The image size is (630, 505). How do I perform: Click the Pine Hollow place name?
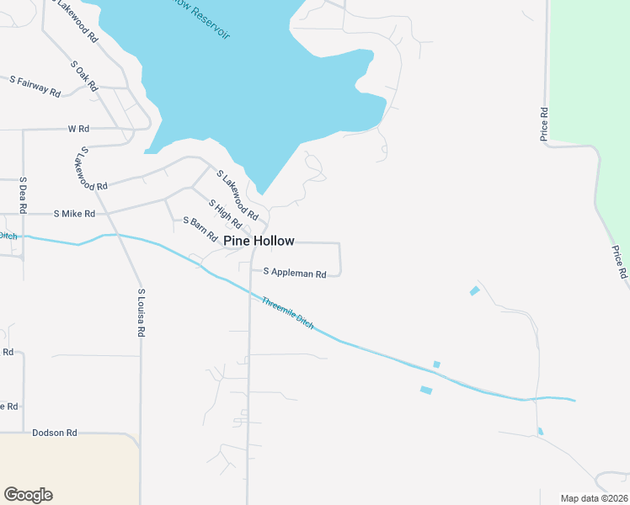coord(259,241)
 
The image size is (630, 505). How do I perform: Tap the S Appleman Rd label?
coord(294,273)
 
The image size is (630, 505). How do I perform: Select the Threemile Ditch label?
coord(287,312)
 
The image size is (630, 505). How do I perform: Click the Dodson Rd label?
coord(54,433)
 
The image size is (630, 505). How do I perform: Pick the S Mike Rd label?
coord(73,214)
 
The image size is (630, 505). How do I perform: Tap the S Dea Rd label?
coord(23,194)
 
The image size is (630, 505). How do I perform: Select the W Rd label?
coord(77,129)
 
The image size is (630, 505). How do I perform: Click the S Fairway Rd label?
coord(35,86)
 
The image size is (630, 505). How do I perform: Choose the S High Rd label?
coord(225,215)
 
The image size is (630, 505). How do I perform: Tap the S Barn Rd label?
coord(200,227)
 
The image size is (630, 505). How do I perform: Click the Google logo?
coord(28,495)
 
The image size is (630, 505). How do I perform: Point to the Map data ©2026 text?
coord(594,498)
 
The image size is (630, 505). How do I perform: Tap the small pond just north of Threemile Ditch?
coord(436,364)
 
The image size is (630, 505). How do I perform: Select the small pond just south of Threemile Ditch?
coord(426,390)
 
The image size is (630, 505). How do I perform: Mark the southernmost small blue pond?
coord(540,432)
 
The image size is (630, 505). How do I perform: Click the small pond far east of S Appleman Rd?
coord(474,291)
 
